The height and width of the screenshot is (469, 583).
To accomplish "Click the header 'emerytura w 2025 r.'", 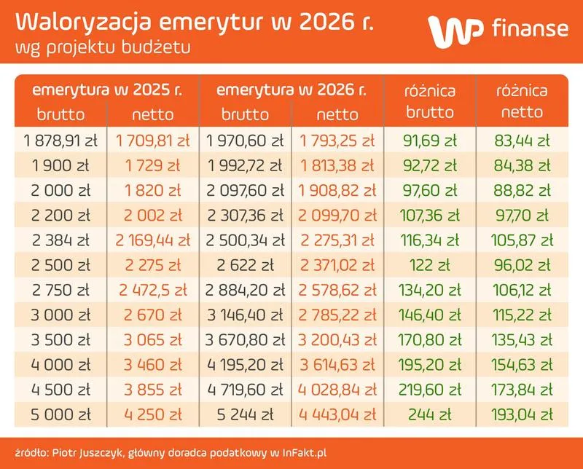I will pyautogui.click(x=106, y=92).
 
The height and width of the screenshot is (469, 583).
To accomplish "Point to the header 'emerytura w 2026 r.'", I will pyautogui.click(x=291, y=92).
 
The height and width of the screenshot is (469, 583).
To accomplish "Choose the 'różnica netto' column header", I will pyautogui.click(x=522, y=101).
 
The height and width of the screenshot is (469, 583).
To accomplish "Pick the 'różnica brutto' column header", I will pyautogui.click(x=429, y=101).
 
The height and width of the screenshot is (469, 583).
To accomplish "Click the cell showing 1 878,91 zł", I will pyautogui.click(x=61, y=140).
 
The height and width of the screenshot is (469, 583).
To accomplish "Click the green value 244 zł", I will pyautogui.click(x=429, y=414).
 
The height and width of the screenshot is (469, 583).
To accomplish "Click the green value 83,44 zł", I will pyautogui.click(x=522, y=140).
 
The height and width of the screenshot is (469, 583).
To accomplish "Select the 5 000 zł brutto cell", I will pyautogui.click(x=61, y=414).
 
